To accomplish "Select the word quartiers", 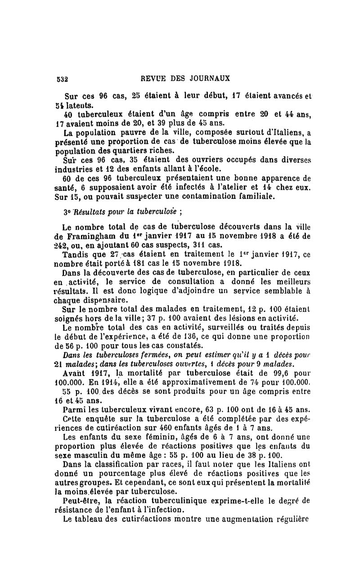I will pos(121,152).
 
